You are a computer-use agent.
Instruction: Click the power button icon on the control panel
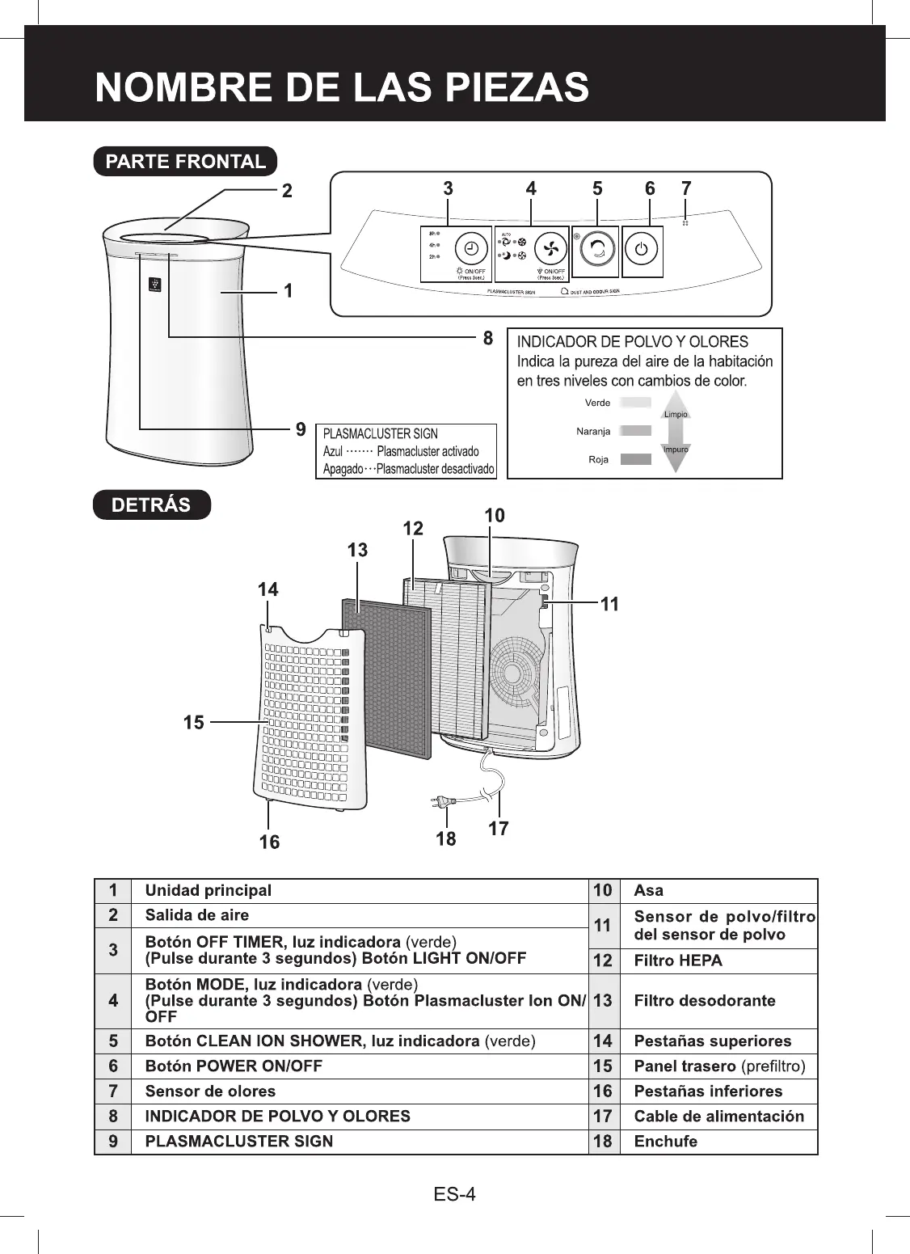pyautogui.click(x=641, y=249)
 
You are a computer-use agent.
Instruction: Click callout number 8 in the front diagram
pyautogui.click(x=487, y=339)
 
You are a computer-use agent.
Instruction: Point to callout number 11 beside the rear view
pyautogui.click(x=610, y=603)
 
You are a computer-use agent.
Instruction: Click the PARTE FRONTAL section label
pyautogui.click(x=185, y=161)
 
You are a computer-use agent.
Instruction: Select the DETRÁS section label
pyautogui.click(x=151, y=505)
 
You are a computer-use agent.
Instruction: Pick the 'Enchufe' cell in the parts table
pyautogui.click(x=665, y=1142)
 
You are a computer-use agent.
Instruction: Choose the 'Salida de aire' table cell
pyautogui.click(x=196, y=915)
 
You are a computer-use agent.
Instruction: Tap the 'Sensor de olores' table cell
pyautogui.click(x=210, y=1091)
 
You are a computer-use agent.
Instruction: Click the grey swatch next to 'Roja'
pyautogui.click(x=635, y=459)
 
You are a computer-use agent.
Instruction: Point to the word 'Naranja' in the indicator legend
pyautogui.click(x=593, y=431)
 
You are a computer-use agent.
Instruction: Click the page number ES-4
pyautogui.click(x=455, y=1193)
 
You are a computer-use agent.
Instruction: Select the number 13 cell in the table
pyautogui.click(x=603, y=1001)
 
